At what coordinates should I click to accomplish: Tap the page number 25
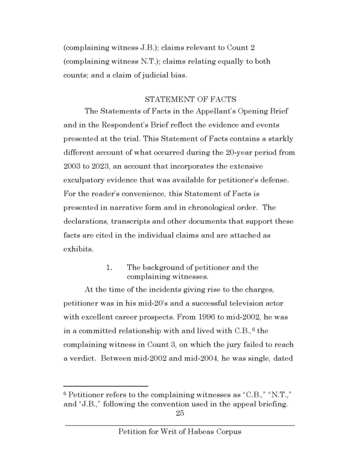click(179, 414)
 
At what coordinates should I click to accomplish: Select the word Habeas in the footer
click(198, 431)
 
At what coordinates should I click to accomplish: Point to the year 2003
click(72, 167)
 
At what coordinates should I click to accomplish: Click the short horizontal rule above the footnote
click(106, 386)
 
